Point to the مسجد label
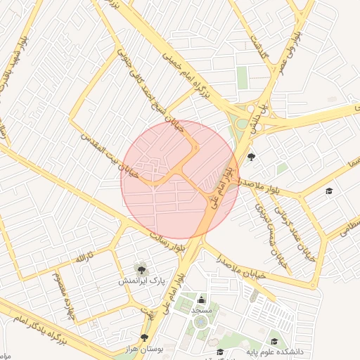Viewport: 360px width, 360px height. (201, 310)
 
